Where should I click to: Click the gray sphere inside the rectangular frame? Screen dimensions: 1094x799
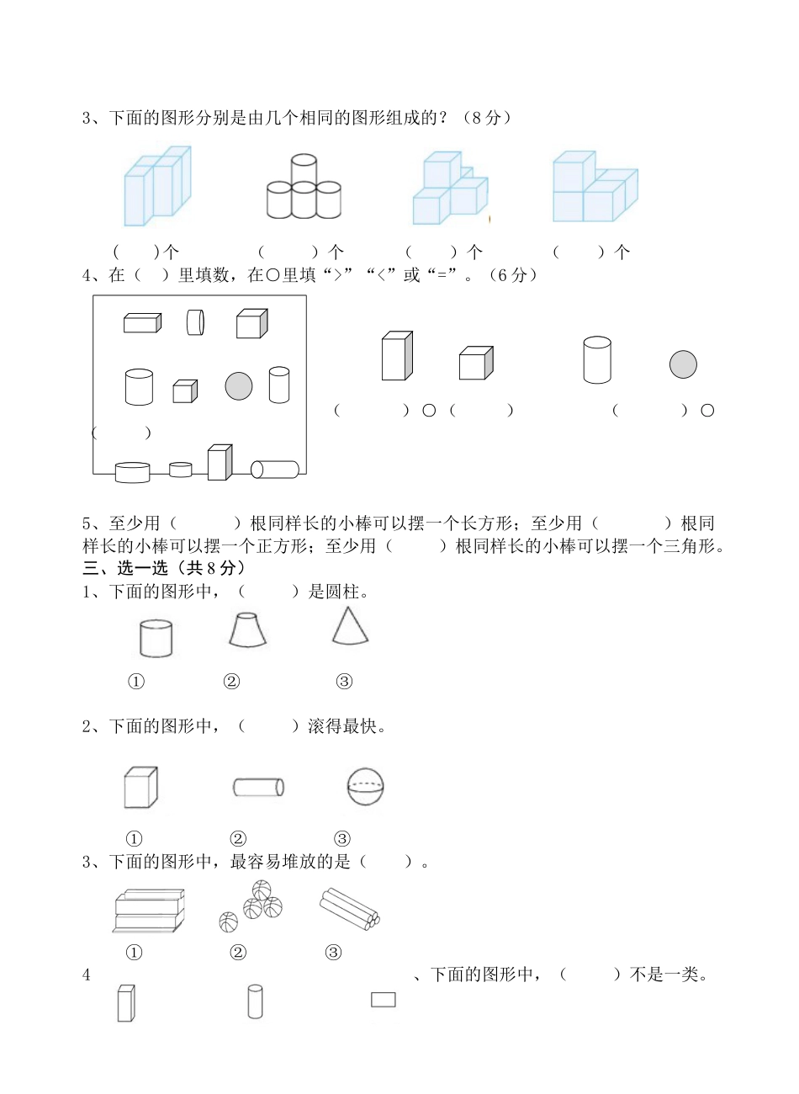(x=239, y=385)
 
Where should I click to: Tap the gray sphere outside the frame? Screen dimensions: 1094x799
(x=683, y=364)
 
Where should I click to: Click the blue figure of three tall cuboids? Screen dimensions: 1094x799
(x=157, y=186)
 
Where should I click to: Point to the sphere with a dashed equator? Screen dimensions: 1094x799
(x=365, y=787)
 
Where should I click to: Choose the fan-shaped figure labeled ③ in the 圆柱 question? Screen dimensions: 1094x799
(x=349, y=626)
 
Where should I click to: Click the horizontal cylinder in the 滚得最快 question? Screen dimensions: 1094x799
(x=258, y=787)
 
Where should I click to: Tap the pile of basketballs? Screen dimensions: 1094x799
(x=251, y=905)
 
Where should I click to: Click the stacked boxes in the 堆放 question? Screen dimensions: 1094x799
(x=149, y=911)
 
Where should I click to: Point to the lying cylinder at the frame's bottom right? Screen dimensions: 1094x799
(x=275, y=470)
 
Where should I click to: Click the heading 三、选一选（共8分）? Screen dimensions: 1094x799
(x=158, y=569)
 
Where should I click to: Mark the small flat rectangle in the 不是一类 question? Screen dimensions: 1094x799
(x=384, y=999)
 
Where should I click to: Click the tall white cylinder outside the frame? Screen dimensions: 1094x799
(x=597, y=359)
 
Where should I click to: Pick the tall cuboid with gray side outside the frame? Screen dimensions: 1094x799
(x=397, y=356)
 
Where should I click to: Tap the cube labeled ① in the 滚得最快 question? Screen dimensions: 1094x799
(x=140, y=788)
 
